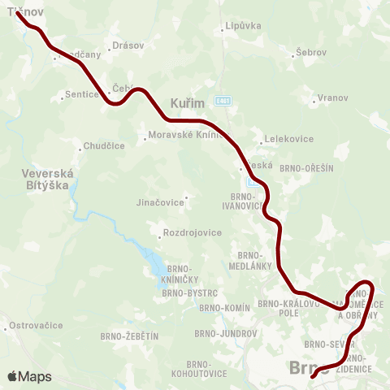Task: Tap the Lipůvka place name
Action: click(x=243, y=25)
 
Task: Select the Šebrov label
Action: click(x=311, y=52)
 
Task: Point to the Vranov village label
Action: click(x=332, y=97)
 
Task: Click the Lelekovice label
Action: click(x=288, y=139)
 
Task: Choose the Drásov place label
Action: click(x=128, y=45)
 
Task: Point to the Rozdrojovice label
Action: click(x=192, y=232)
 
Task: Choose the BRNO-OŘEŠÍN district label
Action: click(x=306, y=167)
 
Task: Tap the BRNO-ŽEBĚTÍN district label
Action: click(x=129, y=336)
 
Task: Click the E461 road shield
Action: click(x=223, y=100)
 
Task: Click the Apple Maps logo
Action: click(x=29, y=376)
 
